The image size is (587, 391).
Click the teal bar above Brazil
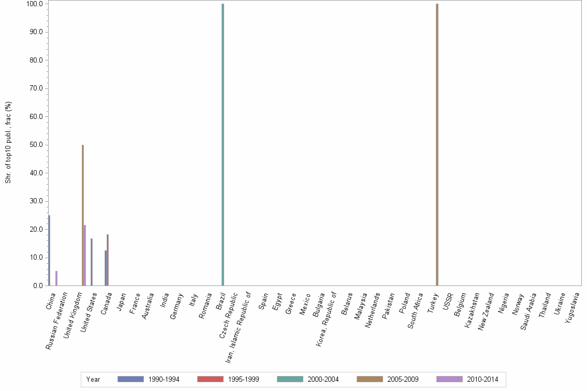223,145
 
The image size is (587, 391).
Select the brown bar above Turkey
437,145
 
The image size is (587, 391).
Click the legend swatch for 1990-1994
130,379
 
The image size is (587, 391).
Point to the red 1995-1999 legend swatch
210,379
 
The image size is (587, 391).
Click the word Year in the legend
93,379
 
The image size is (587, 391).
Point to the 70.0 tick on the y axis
37,88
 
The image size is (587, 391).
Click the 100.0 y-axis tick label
35,4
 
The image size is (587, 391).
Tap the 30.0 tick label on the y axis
37,201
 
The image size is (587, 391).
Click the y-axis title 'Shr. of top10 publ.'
8,142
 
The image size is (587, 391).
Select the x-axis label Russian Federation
57,321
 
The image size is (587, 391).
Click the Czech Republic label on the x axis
228,315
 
